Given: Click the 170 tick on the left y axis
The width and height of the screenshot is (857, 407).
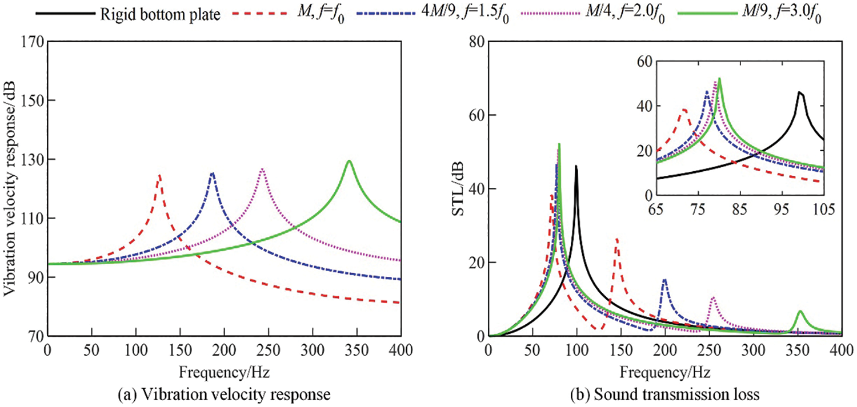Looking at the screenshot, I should [x=32, y=42].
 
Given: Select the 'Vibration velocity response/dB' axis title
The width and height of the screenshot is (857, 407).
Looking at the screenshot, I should [x=10, y=189].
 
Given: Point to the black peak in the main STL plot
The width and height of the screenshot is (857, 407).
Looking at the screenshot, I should [x=576, y=166].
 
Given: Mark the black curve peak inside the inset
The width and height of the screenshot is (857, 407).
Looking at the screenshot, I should [x=800, y=92].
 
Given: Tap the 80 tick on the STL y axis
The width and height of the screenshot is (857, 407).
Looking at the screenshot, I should [x=475, y=42].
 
